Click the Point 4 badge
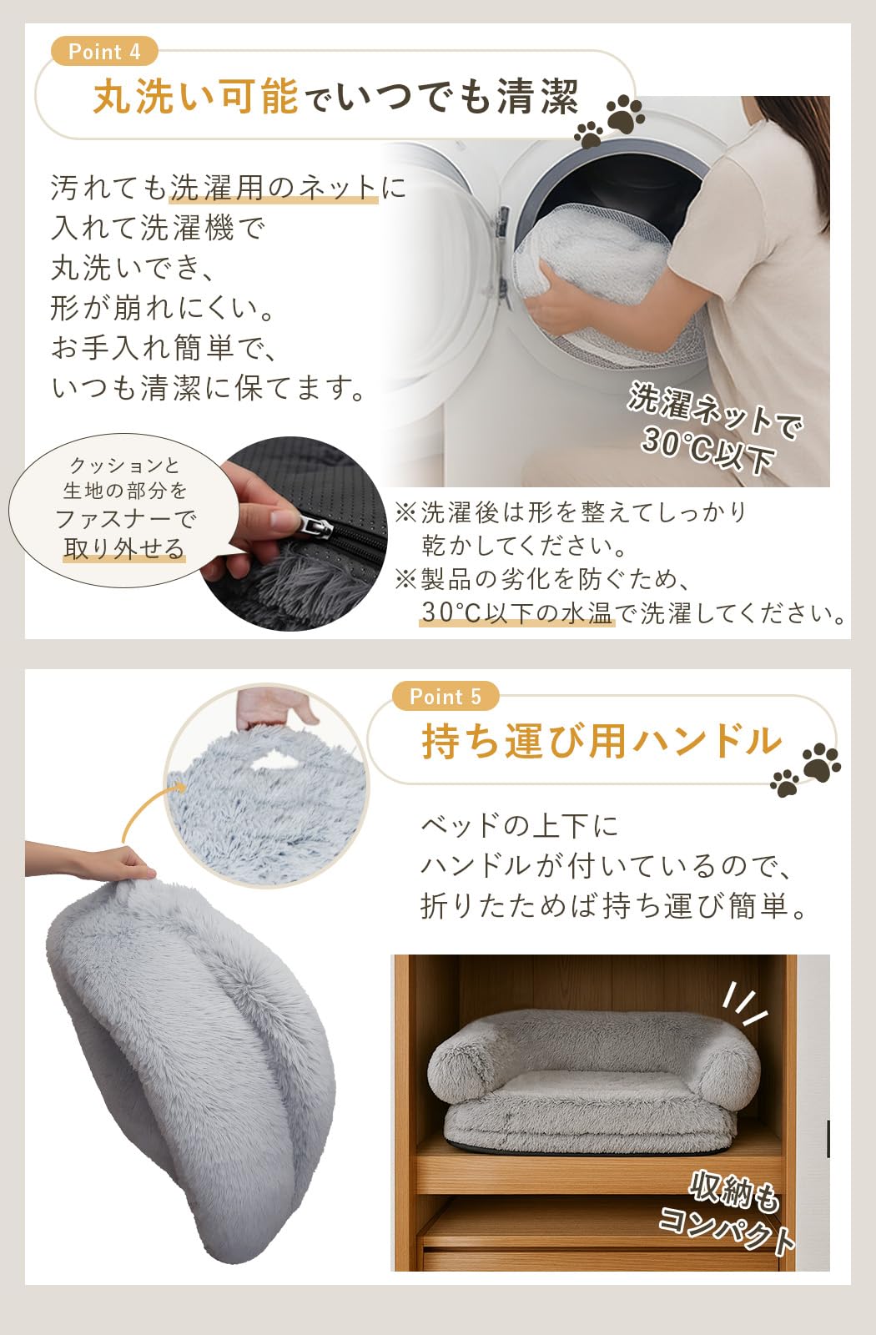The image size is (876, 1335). pos(104,52)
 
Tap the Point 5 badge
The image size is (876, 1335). pos(446,696)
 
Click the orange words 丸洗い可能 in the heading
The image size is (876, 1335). pos(195,97)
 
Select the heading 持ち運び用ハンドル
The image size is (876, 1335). pos(601,741)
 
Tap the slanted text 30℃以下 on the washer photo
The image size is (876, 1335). pos(707,451)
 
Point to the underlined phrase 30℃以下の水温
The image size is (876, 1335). pos(516,613)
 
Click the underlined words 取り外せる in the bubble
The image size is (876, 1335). pos(124,549)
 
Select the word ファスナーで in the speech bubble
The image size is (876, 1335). pos(125,519)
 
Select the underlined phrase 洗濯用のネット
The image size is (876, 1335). pos(274,188)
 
